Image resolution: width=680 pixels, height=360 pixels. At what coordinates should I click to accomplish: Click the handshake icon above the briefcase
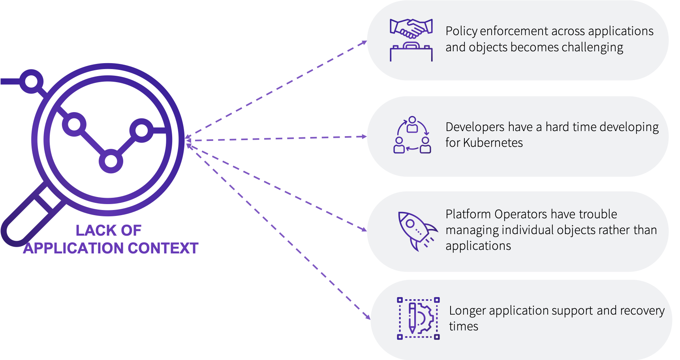coord(411,28)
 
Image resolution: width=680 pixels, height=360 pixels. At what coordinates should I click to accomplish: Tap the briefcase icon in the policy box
coord(411,52)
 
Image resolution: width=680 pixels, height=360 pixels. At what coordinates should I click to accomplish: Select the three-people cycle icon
coord(412,135)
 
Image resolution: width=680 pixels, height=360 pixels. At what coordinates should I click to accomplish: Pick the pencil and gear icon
coord(418,318)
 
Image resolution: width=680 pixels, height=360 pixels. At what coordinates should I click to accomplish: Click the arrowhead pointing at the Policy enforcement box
coord(364,42)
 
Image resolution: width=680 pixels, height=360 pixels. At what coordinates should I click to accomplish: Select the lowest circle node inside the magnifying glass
coord(111,161)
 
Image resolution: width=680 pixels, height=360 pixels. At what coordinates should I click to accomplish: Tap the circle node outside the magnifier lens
coord(31,82)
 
